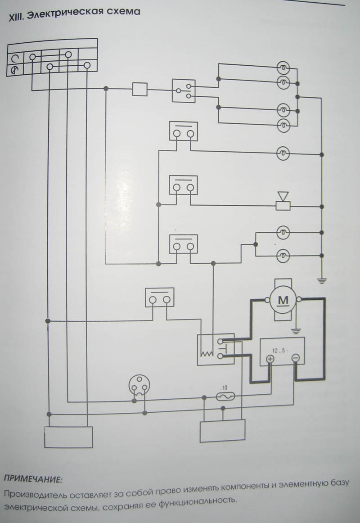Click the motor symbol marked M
click(x=283, y=300)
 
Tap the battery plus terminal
click(x=270, y=359)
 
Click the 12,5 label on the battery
click(x=279, y=351)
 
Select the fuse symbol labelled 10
click(x=225, y=397)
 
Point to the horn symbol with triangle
click(x=283, y=201)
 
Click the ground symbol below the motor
click(x=295, y=331)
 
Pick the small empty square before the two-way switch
click(x=139, y=89)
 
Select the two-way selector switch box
click(x=183, y=90)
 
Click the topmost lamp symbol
click(x=283, y=68)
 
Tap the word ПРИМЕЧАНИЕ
click(x=33, y=479)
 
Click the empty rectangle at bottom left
click(x=68, y=437)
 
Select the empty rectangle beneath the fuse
click(x=222, y=431)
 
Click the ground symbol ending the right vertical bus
click(x=322, y=281)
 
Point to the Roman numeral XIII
click(x=16, y=17)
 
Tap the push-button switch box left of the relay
click(x=160, y=297)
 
